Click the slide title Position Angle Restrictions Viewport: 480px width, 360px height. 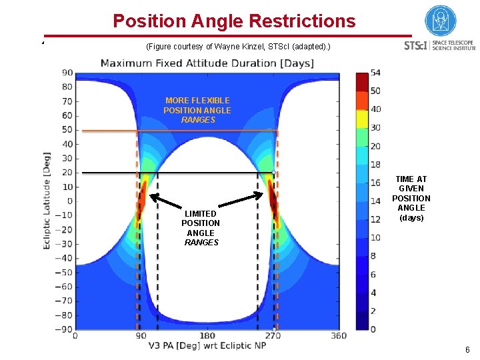click(234, 21)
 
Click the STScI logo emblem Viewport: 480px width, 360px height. click(441, 21)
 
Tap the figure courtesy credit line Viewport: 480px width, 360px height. click(237, 47)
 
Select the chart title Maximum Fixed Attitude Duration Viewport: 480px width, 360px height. click(207, 63)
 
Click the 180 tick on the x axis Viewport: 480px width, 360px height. click(207, 335)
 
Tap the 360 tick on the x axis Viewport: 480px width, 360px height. click(339, 335)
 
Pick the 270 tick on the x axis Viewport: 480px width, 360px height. click(273, 335)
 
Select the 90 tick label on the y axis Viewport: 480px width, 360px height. click(67, 73)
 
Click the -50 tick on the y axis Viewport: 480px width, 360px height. click(64, 272)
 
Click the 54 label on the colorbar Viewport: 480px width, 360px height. click(375, 72)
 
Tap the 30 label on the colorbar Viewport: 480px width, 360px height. click(375, 127)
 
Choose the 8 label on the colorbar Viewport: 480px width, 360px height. click(373, 256)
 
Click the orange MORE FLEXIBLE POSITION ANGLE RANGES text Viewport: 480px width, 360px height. click(198, 110)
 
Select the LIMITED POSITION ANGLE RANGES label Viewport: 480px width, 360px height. click(201, 228)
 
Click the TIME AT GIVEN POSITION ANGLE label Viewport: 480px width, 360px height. click(411, 199)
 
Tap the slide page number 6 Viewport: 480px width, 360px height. click(467, 350)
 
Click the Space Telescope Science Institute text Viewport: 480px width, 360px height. click(454, 45)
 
